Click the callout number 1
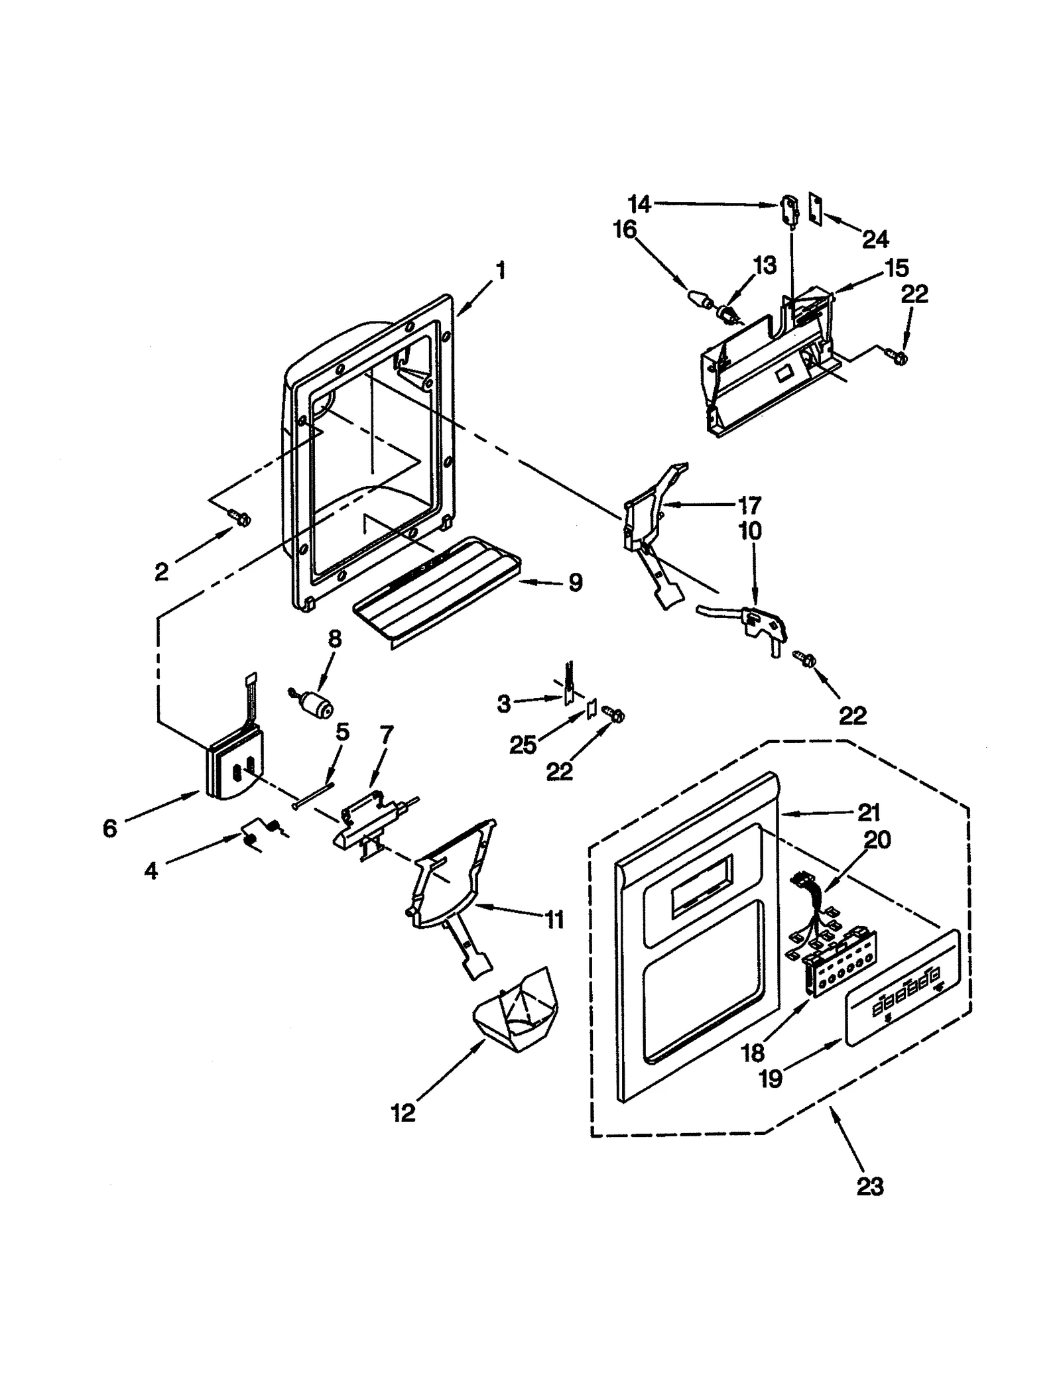pyautogui.click(x=501, y=270)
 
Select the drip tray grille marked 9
pyautogui.click(x=434, y=591)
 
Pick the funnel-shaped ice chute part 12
pyautogui.click(x=515, y=1011)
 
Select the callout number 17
pyautogui.click(x=749, y=506)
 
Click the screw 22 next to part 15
pyautogui.click(x=899, y=357)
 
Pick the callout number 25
pyautogui.click(x=523, y=745)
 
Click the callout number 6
pyautogui.click(x=110, y=828)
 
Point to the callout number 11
pyautogui.click(x=554, y=920)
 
